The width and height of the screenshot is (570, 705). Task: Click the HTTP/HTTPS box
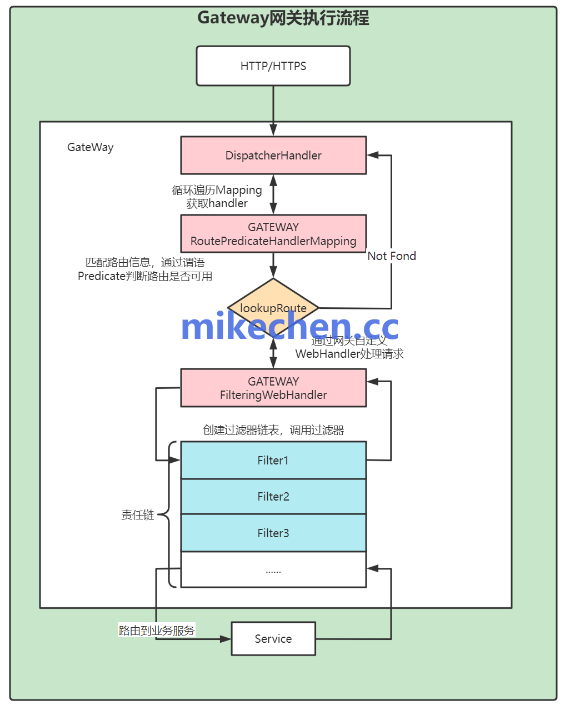point(273,66)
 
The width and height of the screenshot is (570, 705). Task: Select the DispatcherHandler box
point(273,156)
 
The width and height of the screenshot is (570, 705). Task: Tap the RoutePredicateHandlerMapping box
point(273,234)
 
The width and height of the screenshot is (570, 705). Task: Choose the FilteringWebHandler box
point(273,388)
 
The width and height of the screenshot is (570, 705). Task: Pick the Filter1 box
point(273,461)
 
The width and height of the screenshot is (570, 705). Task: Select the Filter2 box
point(273,497)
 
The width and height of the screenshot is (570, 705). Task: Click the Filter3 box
point(273,533)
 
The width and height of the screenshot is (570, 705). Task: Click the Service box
point(273,639)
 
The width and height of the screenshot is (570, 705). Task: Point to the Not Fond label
point(392,256)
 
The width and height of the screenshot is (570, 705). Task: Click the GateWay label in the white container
point(91,147)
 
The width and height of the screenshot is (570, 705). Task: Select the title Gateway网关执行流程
point(283,18)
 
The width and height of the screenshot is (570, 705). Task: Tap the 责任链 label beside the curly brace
point(138,515)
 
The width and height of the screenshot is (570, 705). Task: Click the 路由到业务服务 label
point(157,631)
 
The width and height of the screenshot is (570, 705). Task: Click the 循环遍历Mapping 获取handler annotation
point(217,197)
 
